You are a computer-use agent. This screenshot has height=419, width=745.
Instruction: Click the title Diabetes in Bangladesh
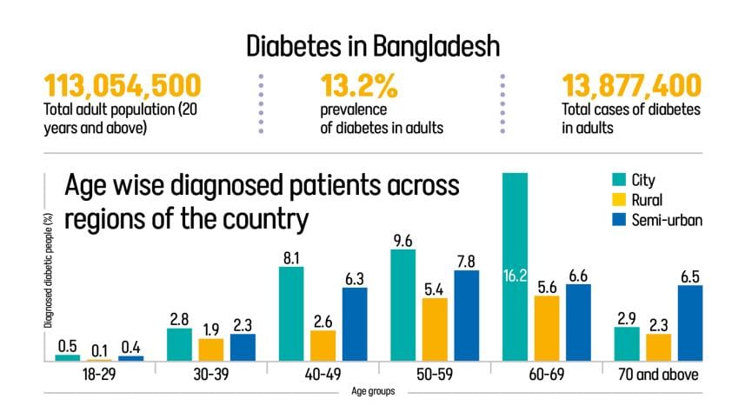pyautogui.click(x=372, y=44)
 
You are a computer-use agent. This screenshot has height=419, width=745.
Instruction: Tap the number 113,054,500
pyautogui.click(x=123, y=86)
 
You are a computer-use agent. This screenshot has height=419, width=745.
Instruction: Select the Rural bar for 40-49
pyautogui.click(x=323, y=345)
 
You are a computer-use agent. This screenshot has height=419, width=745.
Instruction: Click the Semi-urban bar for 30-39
pyautogui.click(x=243, y=347)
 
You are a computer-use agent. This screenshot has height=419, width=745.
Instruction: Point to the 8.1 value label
pyautogui.click(x=291, y=257)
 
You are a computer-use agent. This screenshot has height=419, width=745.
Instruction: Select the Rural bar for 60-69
pyautogui.click(x=547, y=328)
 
